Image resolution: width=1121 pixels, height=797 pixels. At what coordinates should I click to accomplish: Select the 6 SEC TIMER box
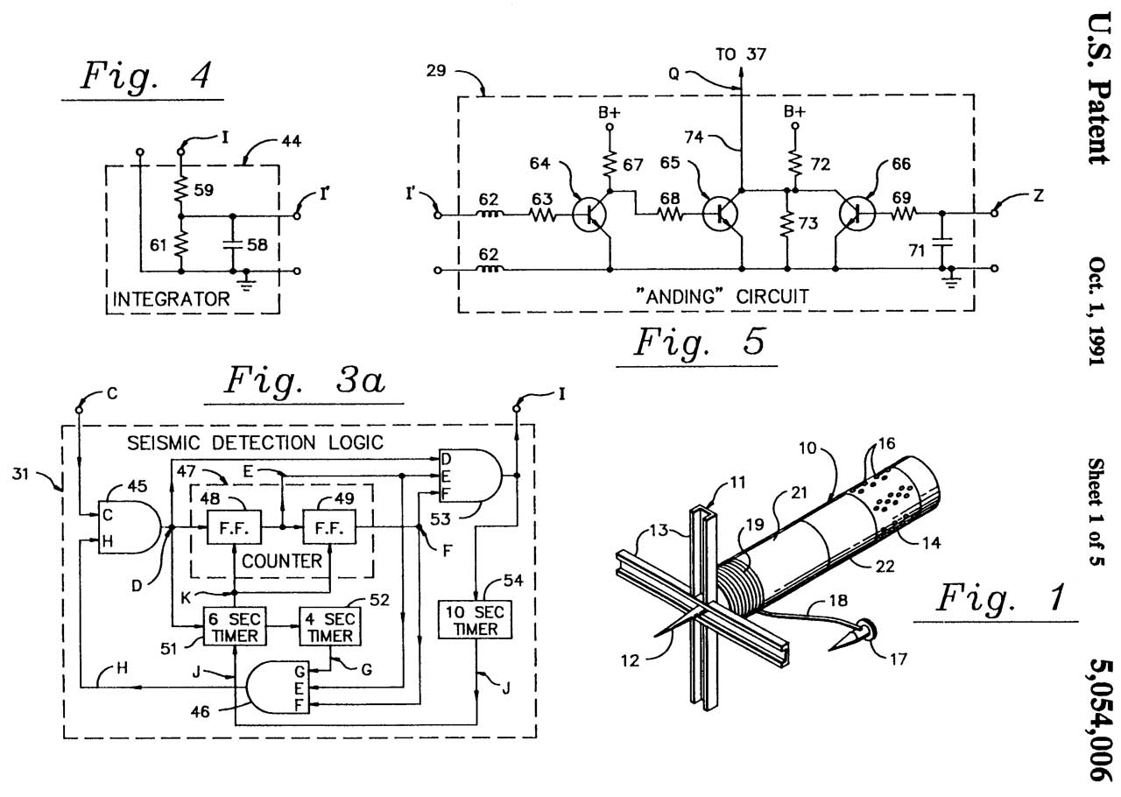click(232, 627)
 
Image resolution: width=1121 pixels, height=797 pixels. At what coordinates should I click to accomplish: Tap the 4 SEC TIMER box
click(329, 627)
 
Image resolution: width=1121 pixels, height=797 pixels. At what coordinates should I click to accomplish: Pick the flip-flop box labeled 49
click(329, 528)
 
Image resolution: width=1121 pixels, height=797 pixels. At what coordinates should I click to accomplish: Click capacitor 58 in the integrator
click(232, 243)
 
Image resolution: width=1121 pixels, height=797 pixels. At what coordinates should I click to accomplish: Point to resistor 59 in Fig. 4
click(181, 187)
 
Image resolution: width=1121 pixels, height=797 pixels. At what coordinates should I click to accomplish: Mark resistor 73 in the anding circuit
click(788, 225)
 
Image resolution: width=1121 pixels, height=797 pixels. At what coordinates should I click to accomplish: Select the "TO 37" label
click(741, 54)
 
